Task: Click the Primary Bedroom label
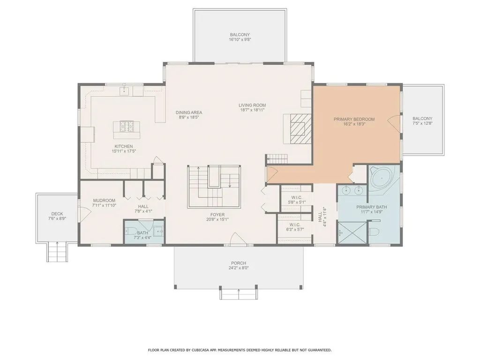click(x=354, y=119)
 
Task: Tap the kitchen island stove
click(x=126, y=126)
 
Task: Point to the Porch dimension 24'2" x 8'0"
click(x=239, y=269)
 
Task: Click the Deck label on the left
click(x=57, y=213)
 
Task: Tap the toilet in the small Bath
click(x=131, y=231)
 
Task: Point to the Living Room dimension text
click(x=252, y=110)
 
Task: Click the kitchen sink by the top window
click(x=126, y=90)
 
